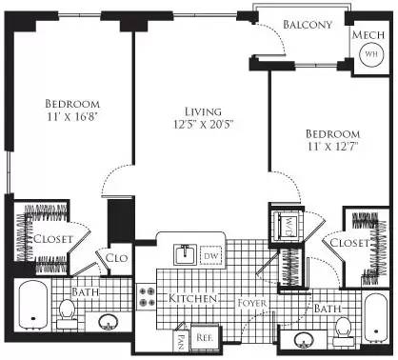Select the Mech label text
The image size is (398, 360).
click(x=368, y=35)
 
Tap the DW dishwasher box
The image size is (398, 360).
click(x=212, y=255)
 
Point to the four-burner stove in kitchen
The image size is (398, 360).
click(x=149, y=297)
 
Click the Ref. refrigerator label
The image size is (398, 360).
click(x=203, y=336)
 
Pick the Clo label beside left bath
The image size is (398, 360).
click(x=117, y=257)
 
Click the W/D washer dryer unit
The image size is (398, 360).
click(x=286, y=226)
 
